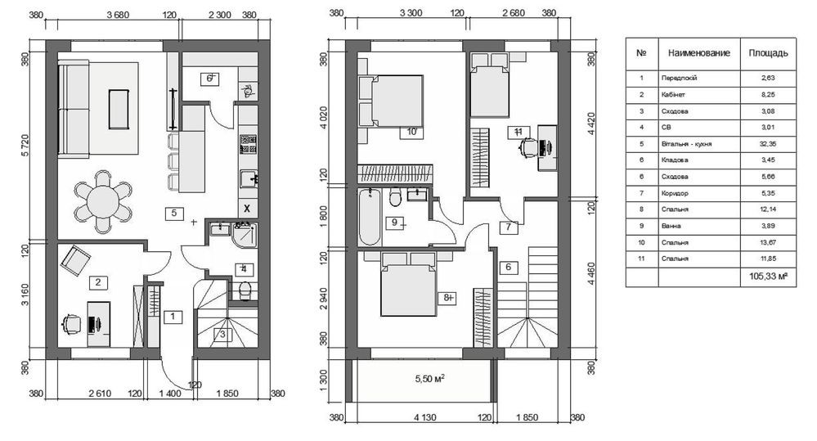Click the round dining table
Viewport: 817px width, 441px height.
coord(103,202)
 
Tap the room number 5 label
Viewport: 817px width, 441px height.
coord(174,213)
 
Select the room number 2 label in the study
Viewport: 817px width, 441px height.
coord(98,282)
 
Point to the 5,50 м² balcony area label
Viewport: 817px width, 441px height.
coord(429,379)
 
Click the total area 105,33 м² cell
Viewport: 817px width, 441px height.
coord(768,277)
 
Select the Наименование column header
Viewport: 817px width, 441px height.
coord(698,52)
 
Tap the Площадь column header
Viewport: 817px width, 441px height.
coord(768,52)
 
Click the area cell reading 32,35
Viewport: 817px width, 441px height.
coord(768,144)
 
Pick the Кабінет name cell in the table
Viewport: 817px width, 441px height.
coord(673,94)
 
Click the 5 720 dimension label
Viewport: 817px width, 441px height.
coord(25,153)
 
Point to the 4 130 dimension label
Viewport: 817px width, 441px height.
coord(425,417)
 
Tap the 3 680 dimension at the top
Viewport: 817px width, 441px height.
coord(118,15)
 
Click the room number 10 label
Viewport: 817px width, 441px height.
coord(411,132)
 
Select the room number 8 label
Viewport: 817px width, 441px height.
coord(447,298)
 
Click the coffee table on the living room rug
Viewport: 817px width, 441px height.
coord(119,109)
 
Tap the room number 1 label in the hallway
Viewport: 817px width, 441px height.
coord(173,317)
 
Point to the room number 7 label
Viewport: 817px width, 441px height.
coord(509,227)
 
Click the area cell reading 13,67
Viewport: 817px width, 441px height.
coord(768,242)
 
